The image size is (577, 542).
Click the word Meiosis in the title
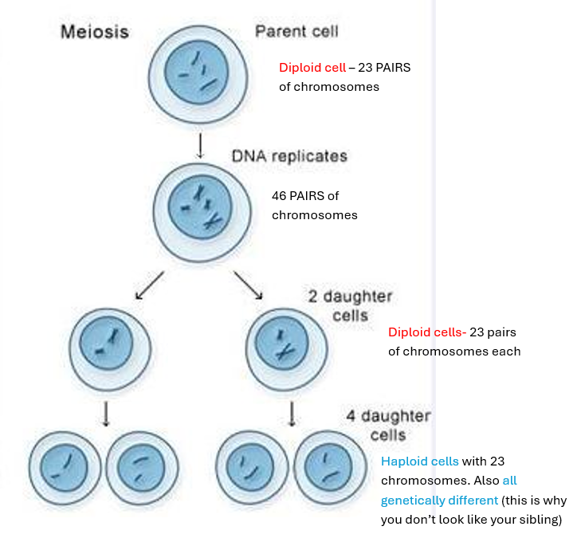tap(94, 33)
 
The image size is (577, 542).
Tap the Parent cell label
tap(296, 32)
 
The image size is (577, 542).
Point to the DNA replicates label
tap(289, 156)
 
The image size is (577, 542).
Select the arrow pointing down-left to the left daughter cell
tap(150, 285)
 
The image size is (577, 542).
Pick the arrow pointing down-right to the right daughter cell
tap(249, 285)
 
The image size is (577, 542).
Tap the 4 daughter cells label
tap(388, 426)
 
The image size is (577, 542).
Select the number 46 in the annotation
tap(281, 196)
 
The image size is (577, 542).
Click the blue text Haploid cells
tap(419, 461)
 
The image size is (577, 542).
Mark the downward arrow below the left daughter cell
tap(107, 413)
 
